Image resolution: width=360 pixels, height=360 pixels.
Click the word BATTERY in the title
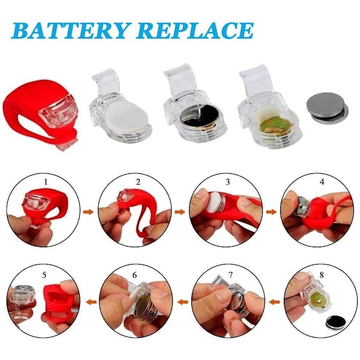70,31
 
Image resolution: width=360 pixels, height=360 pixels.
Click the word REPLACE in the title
195,31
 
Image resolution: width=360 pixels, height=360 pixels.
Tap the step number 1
46,182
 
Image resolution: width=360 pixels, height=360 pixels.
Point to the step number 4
322,182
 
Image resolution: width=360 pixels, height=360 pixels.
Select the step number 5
44,275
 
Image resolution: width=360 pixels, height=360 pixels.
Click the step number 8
322,275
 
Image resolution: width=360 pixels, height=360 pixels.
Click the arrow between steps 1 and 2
89,212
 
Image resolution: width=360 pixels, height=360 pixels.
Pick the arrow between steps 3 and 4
272,212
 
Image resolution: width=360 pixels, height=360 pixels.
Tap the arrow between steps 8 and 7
274,302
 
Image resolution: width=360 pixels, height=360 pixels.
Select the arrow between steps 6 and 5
91,302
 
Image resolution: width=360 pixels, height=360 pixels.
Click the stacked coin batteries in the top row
327,109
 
